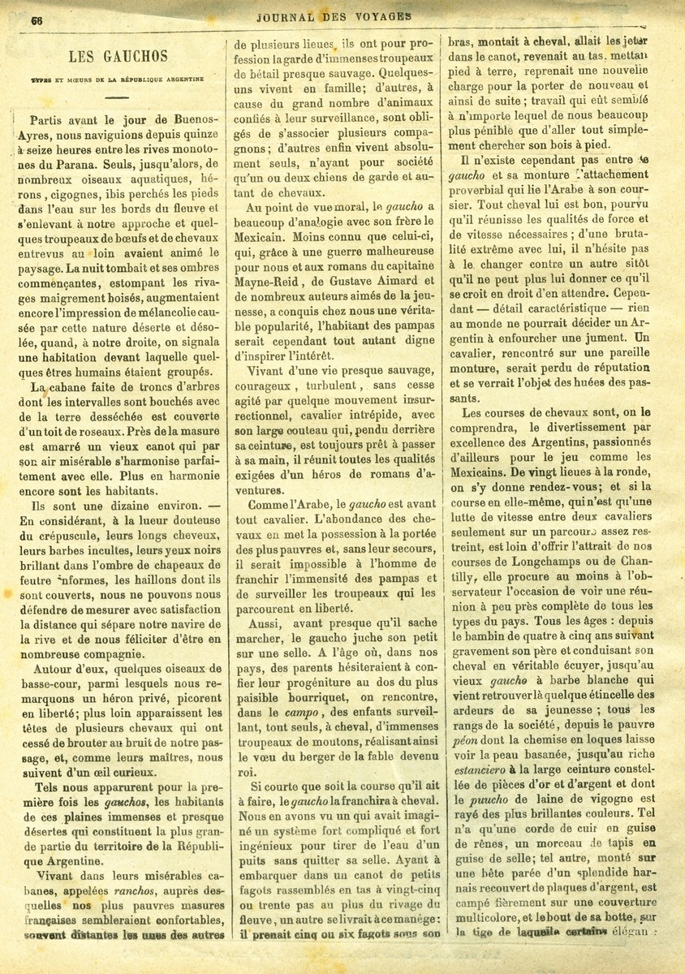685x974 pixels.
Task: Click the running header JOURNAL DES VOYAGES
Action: tap(334, 15)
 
